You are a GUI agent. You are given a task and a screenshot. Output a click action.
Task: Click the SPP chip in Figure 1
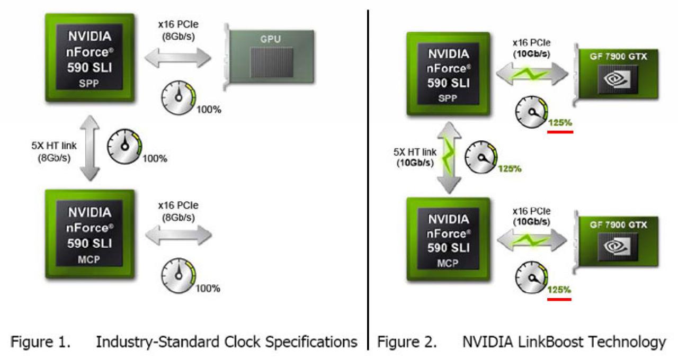click(90, 58)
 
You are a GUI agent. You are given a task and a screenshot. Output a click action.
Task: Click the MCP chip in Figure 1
click(90, 234)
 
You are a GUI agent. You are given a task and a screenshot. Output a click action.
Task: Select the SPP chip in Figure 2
click(448, 74)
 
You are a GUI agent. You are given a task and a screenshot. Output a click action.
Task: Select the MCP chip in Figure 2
click(448, 239)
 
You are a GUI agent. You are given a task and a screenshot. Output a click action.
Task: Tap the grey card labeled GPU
click(270, 57)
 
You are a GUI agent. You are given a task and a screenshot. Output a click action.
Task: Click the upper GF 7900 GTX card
click(616, 75)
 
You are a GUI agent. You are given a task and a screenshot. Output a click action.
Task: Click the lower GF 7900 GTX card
click(616, 242)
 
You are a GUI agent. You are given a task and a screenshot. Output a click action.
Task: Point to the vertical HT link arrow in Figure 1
click(90, 148)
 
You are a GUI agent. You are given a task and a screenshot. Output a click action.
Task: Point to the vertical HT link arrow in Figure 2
click(450, 157)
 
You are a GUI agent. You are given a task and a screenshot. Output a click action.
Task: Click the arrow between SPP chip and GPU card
click(178, 58)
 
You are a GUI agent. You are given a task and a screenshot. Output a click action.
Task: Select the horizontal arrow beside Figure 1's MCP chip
click(179, 236)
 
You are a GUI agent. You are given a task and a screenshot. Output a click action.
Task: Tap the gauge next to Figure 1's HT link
click(124, 147)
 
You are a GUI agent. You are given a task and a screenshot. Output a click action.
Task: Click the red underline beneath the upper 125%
click(560, 132)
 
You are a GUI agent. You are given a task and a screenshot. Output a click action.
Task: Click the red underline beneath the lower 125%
click(559, 300)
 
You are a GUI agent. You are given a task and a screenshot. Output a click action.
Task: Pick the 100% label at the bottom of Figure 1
click(208, 289)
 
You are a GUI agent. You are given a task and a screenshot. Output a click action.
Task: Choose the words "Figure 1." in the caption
click(41, 342)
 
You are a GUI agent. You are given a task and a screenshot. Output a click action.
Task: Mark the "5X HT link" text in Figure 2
click(415, 151)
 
